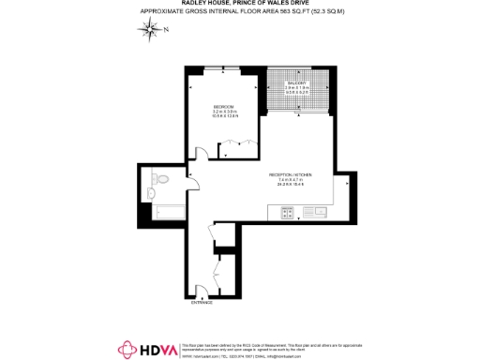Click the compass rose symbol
(x=152, y=29)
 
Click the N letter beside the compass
(x=166, y=30)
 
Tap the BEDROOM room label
(x=222, y=105)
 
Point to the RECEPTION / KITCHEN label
(x=294, y=174)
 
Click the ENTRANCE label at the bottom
(x=202, y=303)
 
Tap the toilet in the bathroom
(x=160, y=179)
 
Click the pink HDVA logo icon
(x=127, y=349)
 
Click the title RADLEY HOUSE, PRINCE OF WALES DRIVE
(x=240, y=4)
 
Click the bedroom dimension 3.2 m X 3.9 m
(x=222, y=112)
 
